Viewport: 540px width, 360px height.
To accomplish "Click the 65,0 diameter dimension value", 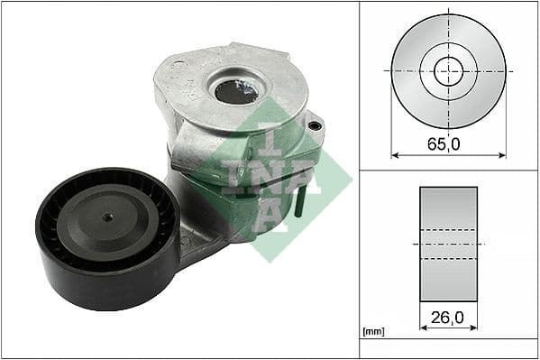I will pos(448,143).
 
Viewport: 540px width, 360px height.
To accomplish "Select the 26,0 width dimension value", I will pos(448,317).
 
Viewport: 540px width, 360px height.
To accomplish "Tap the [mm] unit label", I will pos(371,332).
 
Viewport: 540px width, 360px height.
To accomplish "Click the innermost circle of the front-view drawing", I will pos(448,70).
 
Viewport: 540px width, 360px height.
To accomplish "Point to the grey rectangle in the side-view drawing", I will pos(448,245).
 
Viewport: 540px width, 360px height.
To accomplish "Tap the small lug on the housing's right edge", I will pos(315,126).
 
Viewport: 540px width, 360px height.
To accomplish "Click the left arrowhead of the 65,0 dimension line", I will pos(394,155).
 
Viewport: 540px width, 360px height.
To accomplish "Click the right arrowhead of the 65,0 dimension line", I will pos(502,155).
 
